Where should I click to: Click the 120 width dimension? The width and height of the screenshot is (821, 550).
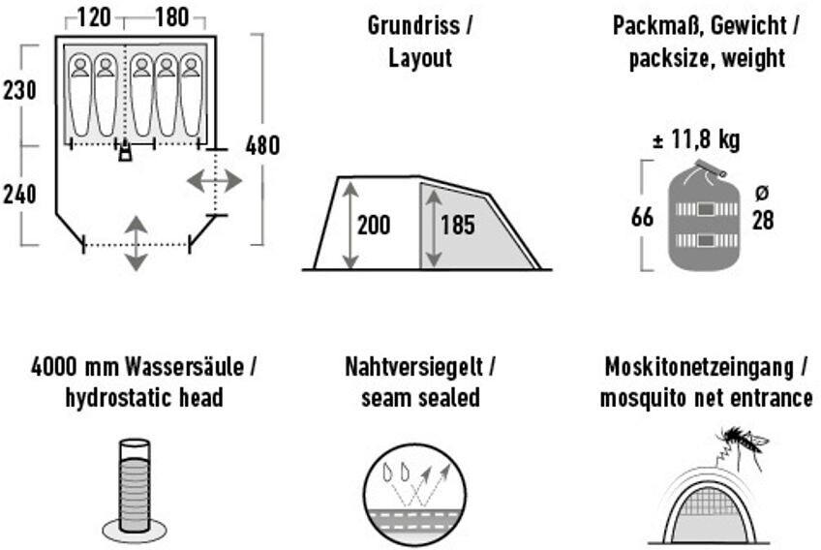coord(95,18)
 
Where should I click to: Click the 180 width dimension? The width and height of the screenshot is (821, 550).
coord(171,18)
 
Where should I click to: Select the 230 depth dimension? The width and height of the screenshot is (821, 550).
coord(19,91)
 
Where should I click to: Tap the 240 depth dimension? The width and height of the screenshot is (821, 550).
coord(19,195)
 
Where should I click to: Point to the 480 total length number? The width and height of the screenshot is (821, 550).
coord(262,146)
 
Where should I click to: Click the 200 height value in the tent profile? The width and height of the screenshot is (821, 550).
coord(374,226)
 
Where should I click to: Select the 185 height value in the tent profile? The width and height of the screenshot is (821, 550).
coord(458,226)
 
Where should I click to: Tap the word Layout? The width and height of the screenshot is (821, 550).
coord(420,58)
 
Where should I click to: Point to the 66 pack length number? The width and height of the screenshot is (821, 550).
coord(642,216)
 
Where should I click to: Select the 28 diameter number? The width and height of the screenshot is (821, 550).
coord(763,221)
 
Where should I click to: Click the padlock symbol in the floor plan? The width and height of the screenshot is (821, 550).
coord(124,153)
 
